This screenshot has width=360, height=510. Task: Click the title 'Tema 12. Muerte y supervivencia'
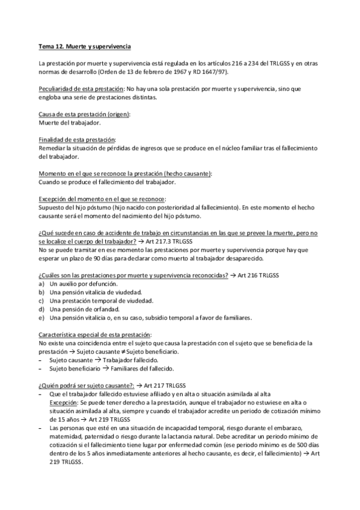click(x=84, y=46)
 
